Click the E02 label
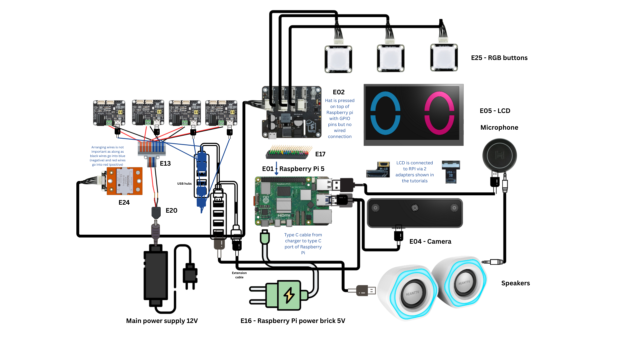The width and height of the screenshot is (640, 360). coord(339,92)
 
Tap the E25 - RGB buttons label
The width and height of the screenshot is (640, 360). coord(499,58)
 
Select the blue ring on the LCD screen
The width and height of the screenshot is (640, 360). coord(385,113)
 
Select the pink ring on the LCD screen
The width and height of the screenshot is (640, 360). coord(439,113)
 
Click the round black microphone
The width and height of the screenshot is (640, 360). coord(499,155)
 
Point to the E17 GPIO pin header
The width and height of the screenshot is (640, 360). coord(289,152)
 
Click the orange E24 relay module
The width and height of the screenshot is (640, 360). coord(124,181)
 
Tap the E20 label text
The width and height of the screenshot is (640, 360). coord(171,211)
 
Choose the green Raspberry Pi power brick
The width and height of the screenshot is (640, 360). coord(283,295)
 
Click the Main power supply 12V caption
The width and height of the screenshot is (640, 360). coord(162,321)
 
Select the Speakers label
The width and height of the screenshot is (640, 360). coord(515,283)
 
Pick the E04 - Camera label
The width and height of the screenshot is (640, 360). coord(430,242)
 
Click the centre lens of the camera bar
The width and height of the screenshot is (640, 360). coord(415,208)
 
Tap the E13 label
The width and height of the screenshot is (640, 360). coord(165,164)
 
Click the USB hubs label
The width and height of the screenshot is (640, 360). coord(184,184)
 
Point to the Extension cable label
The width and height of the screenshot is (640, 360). coord(239,275)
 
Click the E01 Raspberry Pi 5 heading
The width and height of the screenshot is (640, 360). coord(293,169)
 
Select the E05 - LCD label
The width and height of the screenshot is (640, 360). coord(495,111)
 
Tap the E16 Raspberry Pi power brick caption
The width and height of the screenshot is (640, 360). coord(293,321)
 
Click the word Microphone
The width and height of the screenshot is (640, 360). coord(499,128)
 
